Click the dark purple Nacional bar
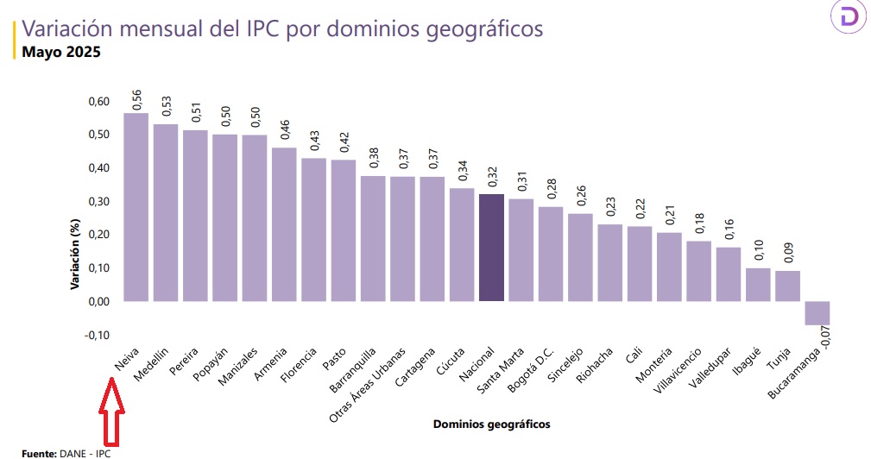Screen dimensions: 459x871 point(491,248)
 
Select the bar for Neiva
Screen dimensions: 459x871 point(136,207)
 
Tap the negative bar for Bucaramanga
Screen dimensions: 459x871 point(817,313)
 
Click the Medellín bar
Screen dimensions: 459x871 point(165,212)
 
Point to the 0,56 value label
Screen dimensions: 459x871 point(136,99)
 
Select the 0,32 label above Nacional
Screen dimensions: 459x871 point(492,178)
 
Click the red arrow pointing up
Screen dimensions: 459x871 point(112,412)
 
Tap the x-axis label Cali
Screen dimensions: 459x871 point(633,356)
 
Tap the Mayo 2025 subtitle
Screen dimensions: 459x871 point(62,52)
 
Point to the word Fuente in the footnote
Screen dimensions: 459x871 point(39,453)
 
